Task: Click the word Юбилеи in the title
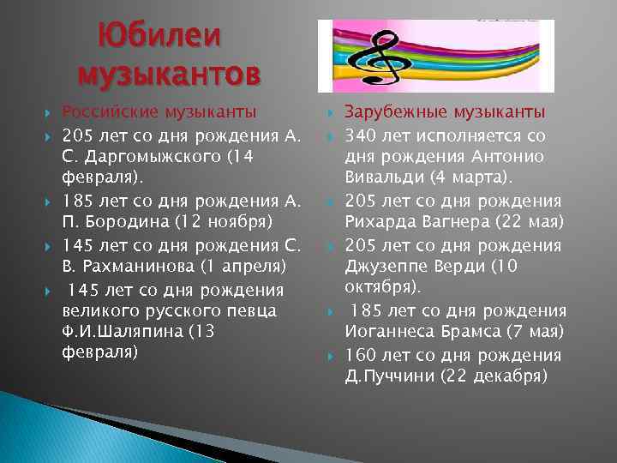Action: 159,36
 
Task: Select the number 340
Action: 359,134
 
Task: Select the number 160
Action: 359,355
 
